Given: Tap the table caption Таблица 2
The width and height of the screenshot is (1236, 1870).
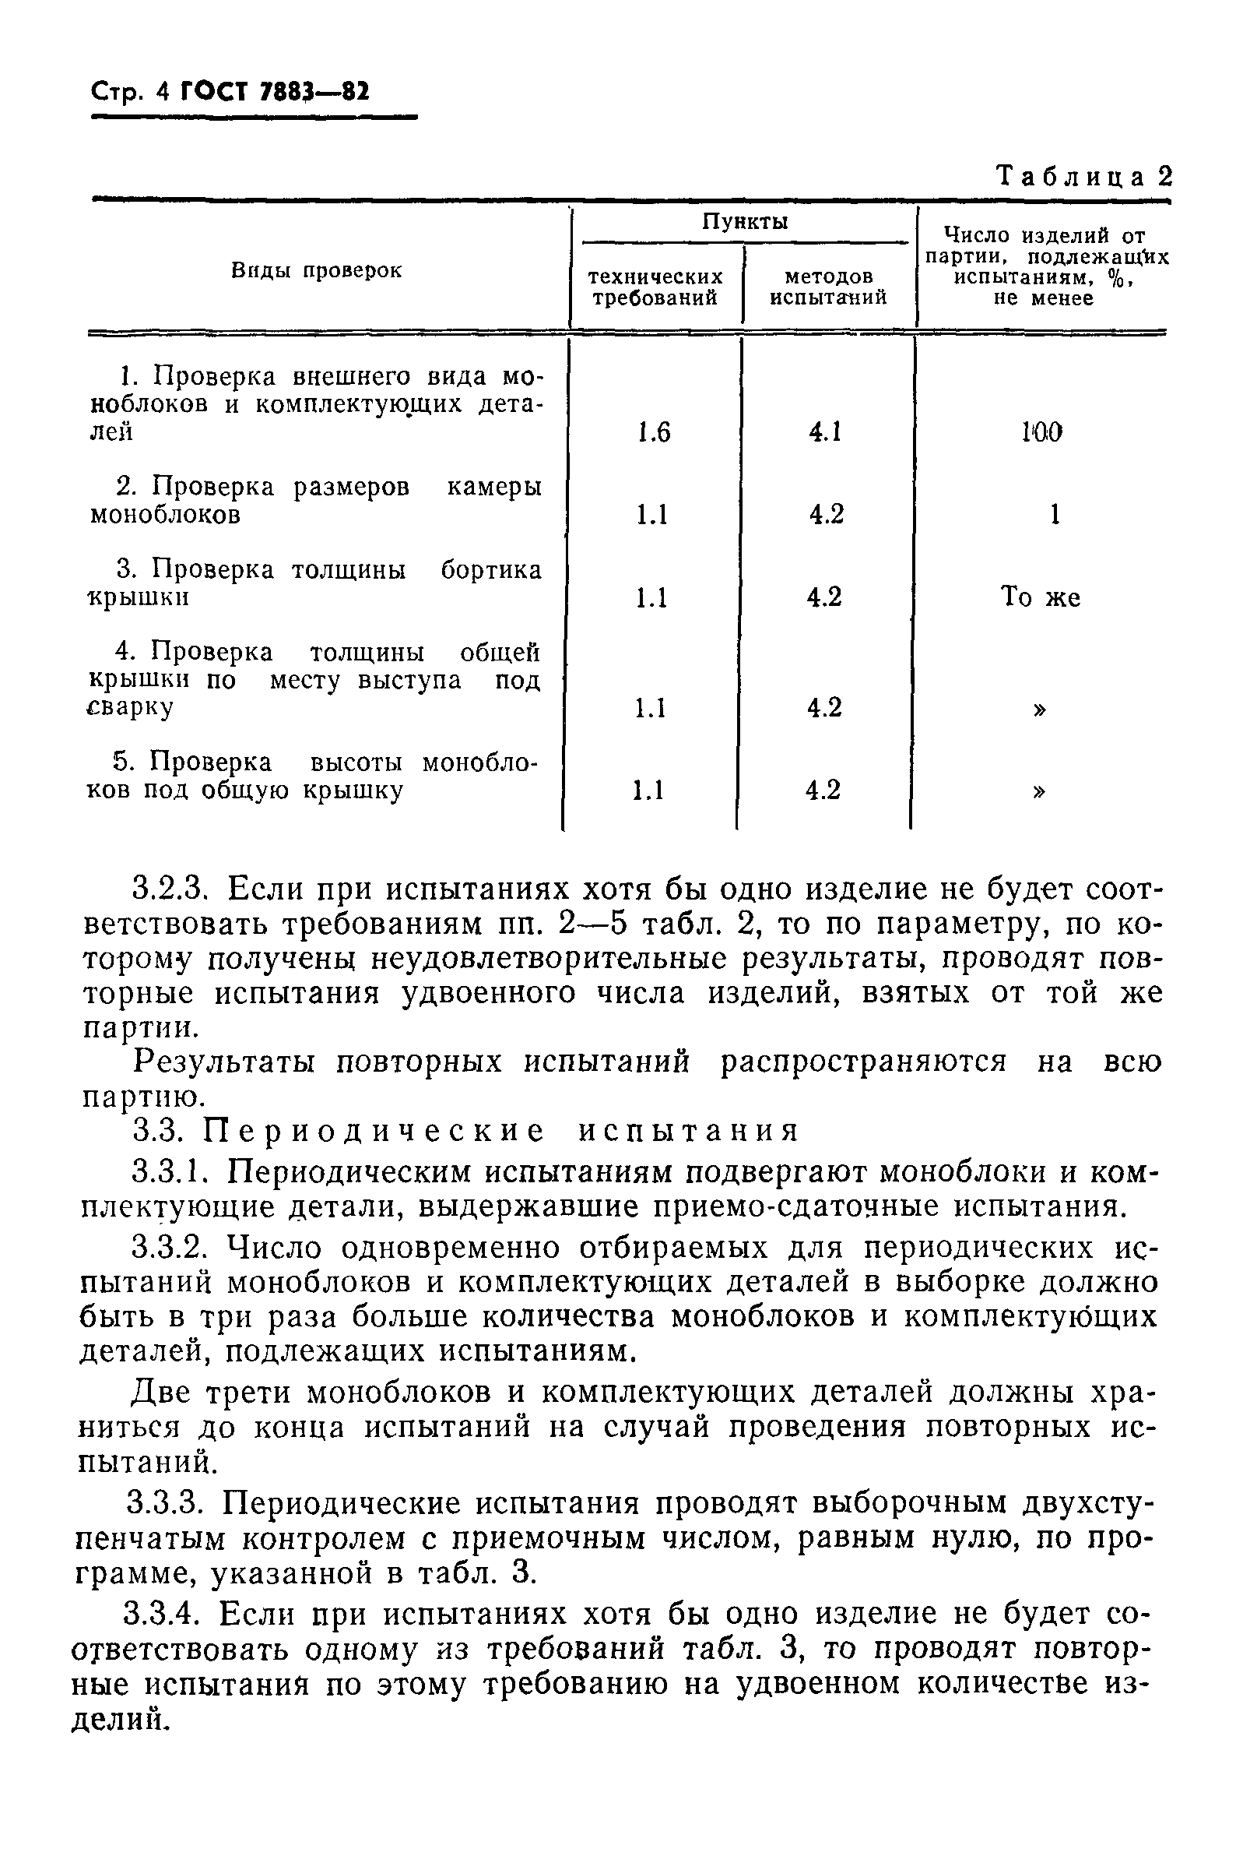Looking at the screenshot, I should point(1084,176).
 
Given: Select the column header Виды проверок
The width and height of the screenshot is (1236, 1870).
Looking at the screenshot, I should point(316,270).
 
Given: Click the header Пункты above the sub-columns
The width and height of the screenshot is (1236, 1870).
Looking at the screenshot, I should point(745,223).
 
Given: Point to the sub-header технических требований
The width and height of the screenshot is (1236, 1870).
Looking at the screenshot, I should point(655,287).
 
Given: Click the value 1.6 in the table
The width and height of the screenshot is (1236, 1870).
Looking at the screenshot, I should point(654,432).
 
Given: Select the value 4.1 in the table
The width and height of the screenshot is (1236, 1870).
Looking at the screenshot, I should point(825,432).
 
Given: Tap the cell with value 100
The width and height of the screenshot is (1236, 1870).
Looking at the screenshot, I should point(1041,432).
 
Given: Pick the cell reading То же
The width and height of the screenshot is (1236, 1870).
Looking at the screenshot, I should point(1040,597).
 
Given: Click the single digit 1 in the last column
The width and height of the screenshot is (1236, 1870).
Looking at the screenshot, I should point(1054,515).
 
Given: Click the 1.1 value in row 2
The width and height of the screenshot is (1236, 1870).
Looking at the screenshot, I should point(652,515).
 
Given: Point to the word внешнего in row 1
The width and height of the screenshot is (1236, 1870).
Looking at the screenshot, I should point(346,376).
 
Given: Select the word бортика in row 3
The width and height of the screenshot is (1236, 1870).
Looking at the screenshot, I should point(490,569).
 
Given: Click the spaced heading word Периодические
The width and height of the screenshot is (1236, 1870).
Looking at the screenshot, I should point(374,1132).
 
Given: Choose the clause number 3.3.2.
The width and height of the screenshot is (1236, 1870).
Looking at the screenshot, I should point(172,1248).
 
